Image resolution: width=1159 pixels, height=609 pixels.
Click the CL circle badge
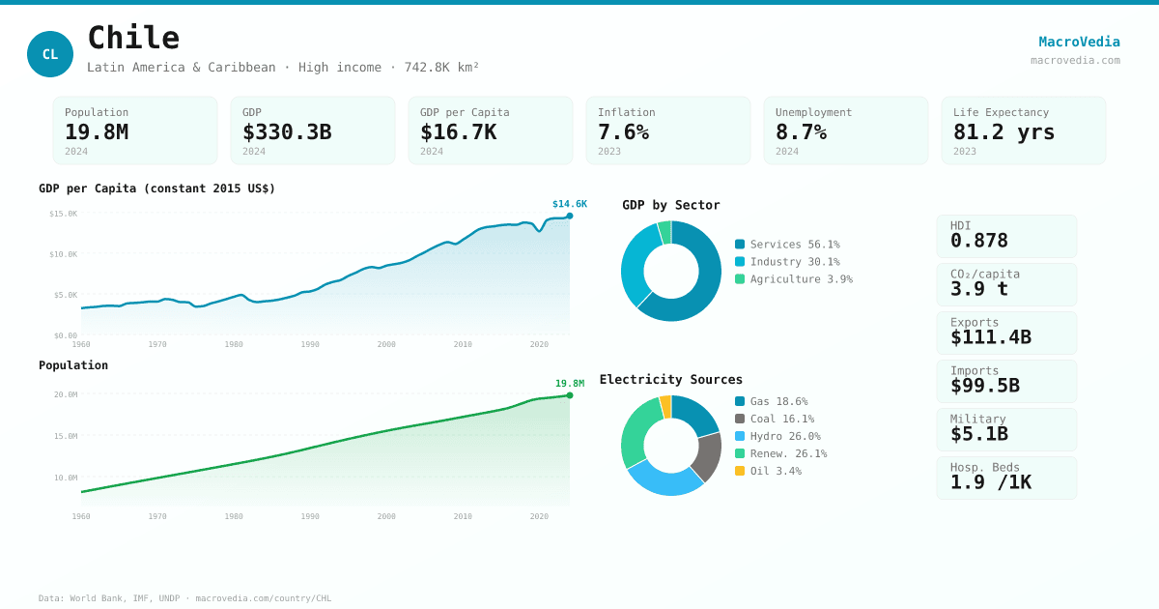pos(50,54)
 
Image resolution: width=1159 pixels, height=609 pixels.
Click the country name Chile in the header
pos(133,39)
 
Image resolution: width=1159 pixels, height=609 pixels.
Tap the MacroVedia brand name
pos(1079,42)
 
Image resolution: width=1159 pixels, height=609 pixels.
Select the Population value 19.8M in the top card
pos(97,132)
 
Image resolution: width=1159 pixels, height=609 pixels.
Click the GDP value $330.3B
pos(287,132)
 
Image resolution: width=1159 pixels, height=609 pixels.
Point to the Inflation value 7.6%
pos(623,132)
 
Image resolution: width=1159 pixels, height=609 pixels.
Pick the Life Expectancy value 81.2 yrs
pos(1004,132)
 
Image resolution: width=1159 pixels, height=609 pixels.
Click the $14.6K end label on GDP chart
pos(569,204)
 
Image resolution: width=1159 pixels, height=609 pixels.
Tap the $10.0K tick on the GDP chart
pos(63,254)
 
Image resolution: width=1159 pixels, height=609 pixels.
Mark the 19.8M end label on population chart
pos(569,384)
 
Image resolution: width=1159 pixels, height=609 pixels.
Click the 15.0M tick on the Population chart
pos(65,436)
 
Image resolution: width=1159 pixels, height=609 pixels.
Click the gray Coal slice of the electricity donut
pos(708,455)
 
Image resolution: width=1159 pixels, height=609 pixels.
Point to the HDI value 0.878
pos(978,241)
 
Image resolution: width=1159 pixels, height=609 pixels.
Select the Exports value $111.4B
pos(990,337)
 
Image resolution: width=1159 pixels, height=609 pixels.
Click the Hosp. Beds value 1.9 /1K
pos(990,482)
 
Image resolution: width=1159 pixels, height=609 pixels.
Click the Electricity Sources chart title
pos(670,380)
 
